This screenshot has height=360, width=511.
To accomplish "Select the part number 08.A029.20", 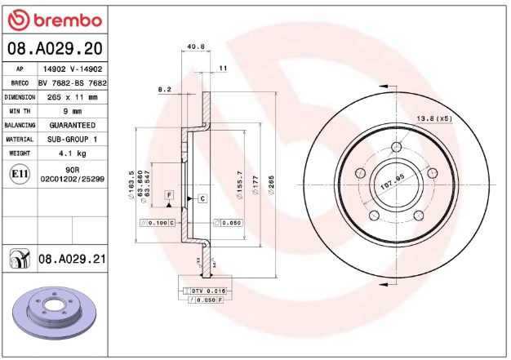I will pos(54,49).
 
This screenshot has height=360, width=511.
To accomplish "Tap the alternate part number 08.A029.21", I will pos(72,259).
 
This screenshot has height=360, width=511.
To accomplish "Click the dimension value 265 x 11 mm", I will pos(72,97).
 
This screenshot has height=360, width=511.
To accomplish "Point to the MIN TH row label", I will pos(20,111).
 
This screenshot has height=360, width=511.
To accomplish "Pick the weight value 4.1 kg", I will pos(72,153).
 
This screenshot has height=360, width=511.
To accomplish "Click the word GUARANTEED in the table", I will pos(72,125).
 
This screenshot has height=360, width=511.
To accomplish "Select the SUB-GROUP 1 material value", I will pos(72,139).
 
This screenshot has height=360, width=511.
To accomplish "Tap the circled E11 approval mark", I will pos(18,173).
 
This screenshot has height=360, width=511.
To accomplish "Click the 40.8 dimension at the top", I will pos(196,47).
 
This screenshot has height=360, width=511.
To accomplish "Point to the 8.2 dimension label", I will pos(164,88).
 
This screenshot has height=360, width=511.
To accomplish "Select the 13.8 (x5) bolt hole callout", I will pos(434,119).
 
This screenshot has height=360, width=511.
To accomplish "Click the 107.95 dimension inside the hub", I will pos(393,182).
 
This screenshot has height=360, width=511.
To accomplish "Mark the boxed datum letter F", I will pos(169,194).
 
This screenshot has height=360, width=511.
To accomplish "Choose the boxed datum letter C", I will pos(201,198).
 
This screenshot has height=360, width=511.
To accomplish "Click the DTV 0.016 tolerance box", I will pos(209,291).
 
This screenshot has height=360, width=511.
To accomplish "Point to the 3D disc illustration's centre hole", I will pos(55,308).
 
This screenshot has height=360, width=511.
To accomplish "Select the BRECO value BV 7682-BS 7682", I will pos(72,83).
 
